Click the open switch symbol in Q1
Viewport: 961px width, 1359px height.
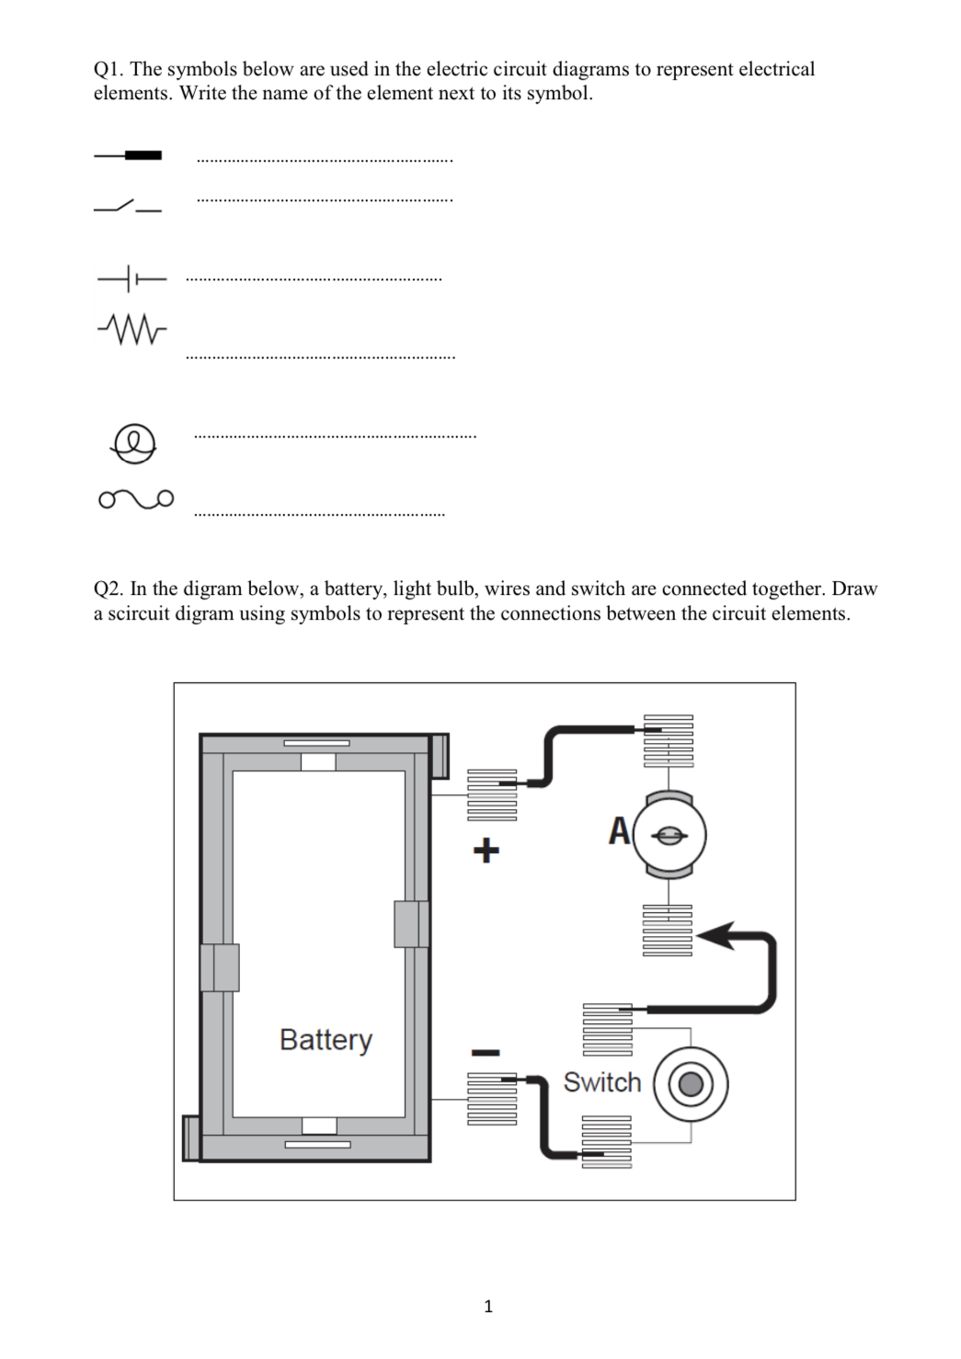tap(128, 206)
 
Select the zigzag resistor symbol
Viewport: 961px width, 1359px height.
tap(132, 326)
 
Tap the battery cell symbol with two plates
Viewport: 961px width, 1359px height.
tap(132, 278)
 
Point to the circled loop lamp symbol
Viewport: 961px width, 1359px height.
tap(132, 443)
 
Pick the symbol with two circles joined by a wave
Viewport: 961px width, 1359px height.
tap(135, 499)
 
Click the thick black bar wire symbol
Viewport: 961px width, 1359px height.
tap(128, 155)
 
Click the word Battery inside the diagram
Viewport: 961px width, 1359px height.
tap(326, 1040)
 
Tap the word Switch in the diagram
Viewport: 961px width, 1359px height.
tap(601, 1082)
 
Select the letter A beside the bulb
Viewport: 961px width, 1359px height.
tap(620, 831)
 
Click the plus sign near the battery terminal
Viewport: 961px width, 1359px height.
tap(486, 850)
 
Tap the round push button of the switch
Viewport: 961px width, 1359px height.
tap(691, 1085)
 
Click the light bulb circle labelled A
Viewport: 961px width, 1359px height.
tap(670, 836)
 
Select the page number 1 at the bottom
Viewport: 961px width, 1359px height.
tap(487, 1306)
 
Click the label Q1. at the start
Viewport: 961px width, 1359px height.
tap(109, 70)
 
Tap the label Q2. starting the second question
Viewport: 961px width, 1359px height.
tap(109, 589)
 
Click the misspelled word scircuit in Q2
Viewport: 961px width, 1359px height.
tap(139, 614)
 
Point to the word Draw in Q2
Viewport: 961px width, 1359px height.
tap(854, 589)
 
